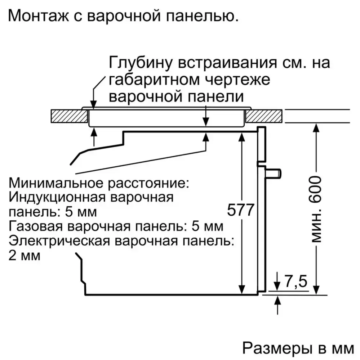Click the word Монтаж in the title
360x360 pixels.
coord(39,16)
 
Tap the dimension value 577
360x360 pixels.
coord(240,210)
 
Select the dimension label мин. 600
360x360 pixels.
coord(316,209)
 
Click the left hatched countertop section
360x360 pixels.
coord(69,116)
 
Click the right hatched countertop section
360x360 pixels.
coord(264,116)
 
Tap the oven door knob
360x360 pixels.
coord(274,174)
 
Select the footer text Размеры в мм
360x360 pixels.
coord(298,348)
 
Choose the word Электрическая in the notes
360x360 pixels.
coord(59,241)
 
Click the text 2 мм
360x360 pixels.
coord(25,256)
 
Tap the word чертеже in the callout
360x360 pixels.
coord(237,80)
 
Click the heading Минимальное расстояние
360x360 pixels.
coord(99,183)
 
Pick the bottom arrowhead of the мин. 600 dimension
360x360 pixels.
coord(316,289)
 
